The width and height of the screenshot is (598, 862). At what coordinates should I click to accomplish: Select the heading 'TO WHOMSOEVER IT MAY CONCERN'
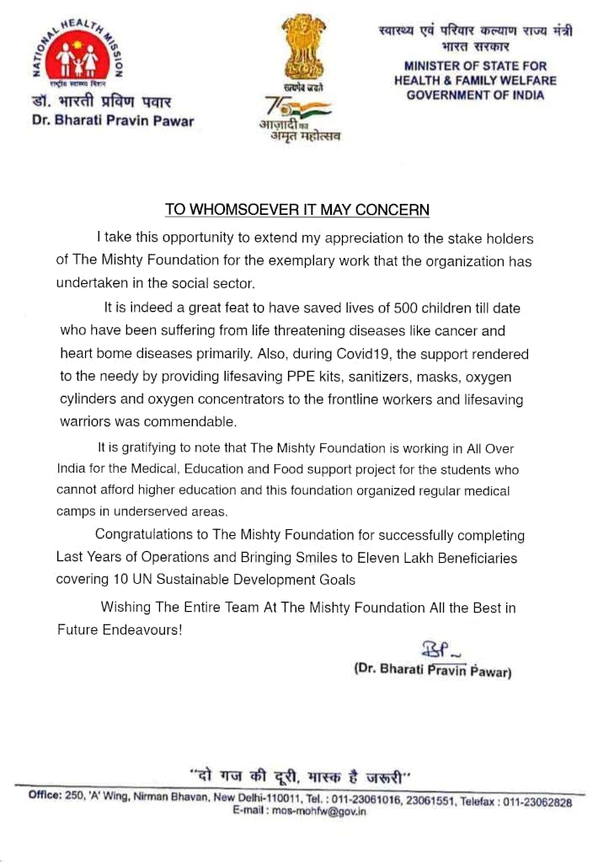297,209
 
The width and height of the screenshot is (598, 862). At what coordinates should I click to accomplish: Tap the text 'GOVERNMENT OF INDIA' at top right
475,94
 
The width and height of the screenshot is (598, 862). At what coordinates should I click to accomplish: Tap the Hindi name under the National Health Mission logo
100,103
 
